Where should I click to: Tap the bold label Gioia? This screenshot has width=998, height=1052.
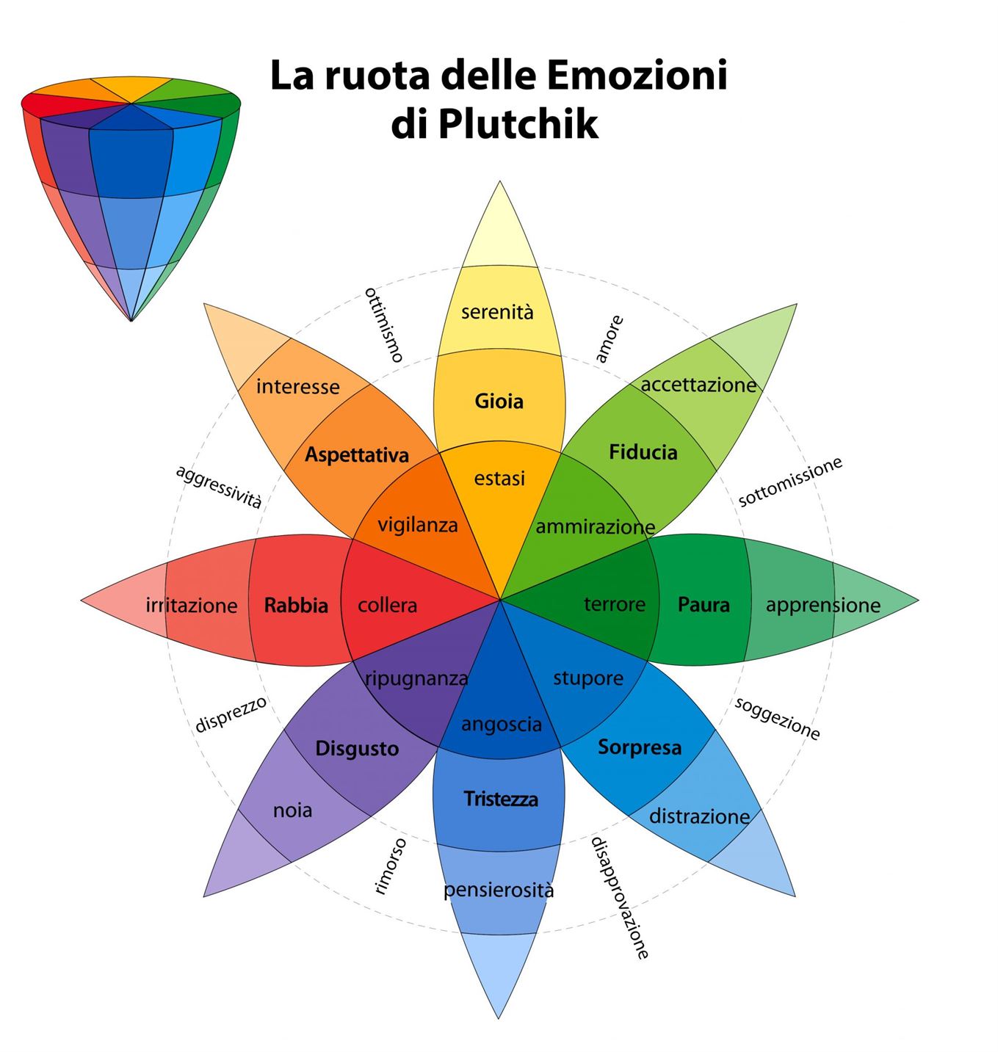tap(499, 402)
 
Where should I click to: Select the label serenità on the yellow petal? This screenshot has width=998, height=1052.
tap(497, 312)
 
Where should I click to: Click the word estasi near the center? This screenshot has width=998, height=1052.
tap(499, 479)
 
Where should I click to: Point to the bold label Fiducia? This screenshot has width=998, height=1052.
tap(643, 452)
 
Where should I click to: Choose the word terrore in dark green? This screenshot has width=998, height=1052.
tap(615, 604)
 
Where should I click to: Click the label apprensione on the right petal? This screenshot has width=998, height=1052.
tap(822, 606)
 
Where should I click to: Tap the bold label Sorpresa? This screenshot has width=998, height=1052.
tap(640, 747)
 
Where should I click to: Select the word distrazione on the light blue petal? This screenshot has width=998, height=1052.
tap(699, 816)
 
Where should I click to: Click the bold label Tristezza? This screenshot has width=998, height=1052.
tap(501, 799)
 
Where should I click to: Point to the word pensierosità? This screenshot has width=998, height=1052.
tap(499, 890)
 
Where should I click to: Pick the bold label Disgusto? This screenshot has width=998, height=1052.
tap(357, 749)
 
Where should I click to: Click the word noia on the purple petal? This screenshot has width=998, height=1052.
tap(292, 810)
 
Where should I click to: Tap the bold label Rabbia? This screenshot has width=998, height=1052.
tap(296, 606)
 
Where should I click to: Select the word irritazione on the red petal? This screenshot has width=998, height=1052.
tap(192, 606)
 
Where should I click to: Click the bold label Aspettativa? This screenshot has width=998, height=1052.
tap(357, 455)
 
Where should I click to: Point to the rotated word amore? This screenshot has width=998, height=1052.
tap(609, 339)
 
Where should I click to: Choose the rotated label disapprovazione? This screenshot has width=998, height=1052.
tap(621, 898)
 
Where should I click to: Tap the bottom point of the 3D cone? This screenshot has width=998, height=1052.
tap(131, 319)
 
